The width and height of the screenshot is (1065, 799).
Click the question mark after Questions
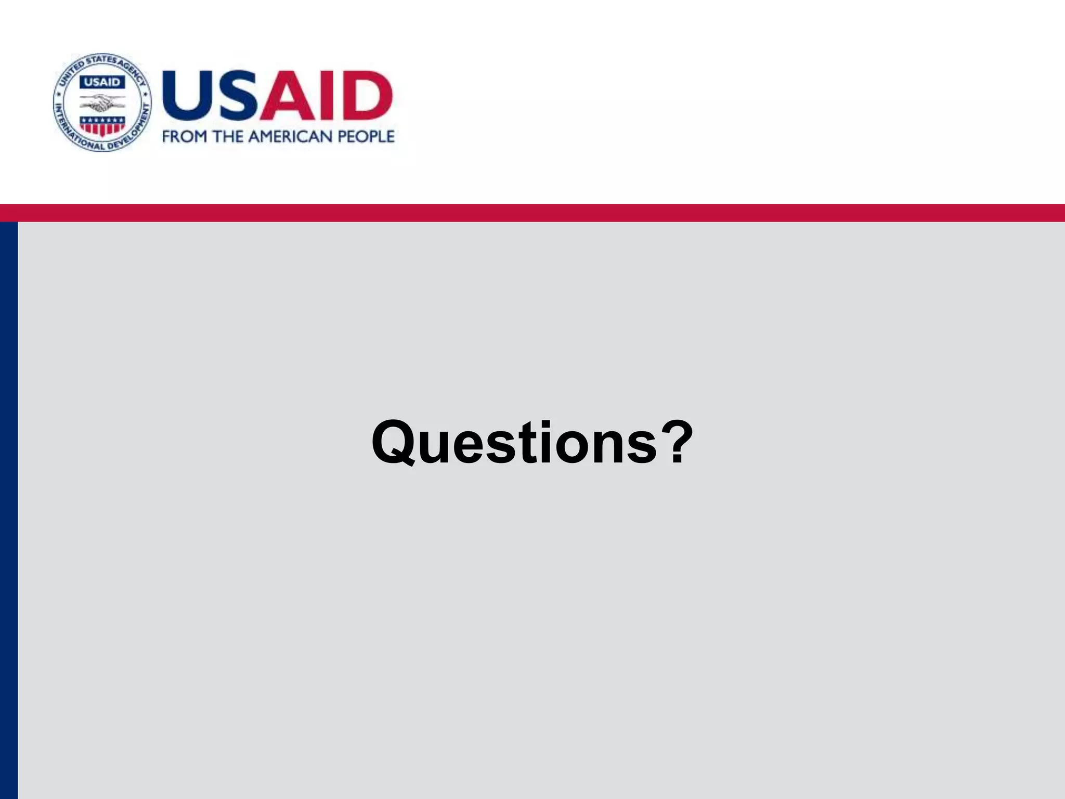pos(675,442)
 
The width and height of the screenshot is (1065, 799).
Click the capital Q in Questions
pos(397,443)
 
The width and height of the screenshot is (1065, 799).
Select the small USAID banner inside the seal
pos(102,82)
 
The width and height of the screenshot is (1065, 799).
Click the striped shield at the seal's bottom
pos(102,126)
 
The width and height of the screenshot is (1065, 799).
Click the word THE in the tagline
pos(228,137)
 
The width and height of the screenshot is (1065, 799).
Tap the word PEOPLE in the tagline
pos(366,137)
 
